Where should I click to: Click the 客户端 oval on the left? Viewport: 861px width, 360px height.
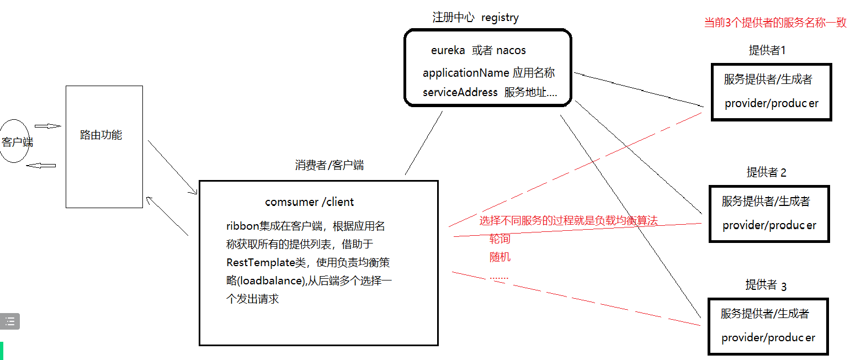(15, 141)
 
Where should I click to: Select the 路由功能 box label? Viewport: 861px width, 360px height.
(101, 135)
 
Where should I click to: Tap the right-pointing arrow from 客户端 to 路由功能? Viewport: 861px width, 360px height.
(48, 126)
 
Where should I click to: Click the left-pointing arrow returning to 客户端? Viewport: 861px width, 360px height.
(42, 165)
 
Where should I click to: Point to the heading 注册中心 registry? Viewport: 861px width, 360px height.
(475, 17)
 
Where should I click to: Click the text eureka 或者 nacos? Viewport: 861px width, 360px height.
(478, 50)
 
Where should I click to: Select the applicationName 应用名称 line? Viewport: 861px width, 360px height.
(488, 73)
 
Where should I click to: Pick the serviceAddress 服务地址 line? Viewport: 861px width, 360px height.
(490, 92)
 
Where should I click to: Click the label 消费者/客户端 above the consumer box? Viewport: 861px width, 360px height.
(329, 165)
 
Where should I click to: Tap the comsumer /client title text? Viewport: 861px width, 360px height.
(309, 202)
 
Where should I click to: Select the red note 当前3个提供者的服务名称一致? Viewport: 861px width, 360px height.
(775, 23)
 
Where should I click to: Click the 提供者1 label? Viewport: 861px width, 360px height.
(767, 50)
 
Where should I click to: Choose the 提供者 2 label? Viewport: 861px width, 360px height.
(766, 172)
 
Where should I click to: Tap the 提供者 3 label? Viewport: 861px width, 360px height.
(766, 285)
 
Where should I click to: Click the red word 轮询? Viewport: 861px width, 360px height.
(499, 239)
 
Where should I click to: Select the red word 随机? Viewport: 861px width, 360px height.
(500, 257)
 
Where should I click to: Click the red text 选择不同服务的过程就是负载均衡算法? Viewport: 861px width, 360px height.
(568, 221)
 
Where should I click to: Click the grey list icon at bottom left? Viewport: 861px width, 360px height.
(10, 321)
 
